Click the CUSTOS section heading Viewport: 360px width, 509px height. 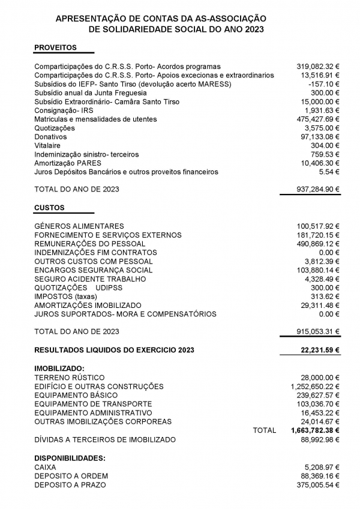(49, 208)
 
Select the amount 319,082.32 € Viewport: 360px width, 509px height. (318, 67)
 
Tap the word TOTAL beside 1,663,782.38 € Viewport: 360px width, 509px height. (265, 430)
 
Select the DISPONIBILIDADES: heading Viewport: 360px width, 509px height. (69, 458)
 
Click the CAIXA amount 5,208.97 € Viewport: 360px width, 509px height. (322, 467)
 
